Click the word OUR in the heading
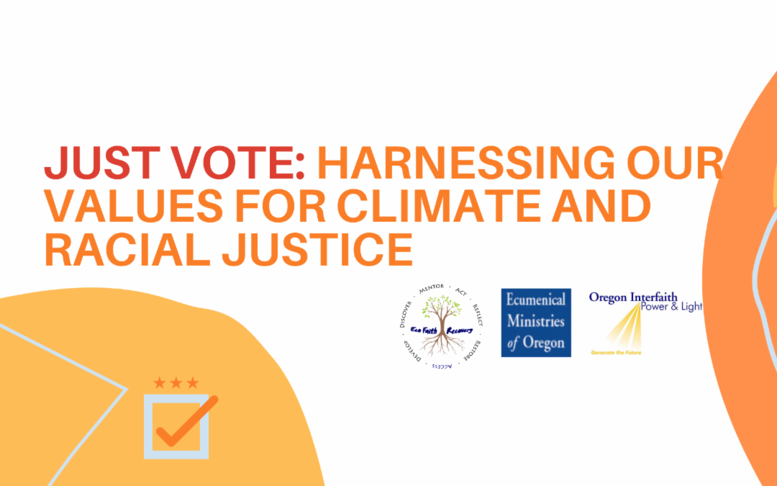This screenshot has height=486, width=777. click(681, 163)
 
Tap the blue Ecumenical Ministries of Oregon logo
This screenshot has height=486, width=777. click(536, 323)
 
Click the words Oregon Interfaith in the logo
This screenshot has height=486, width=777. click(633, 297)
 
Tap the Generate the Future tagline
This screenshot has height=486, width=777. click(616, 353)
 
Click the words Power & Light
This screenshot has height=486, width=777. click(674, 307)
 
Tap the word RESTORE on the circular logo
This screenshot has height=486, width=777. click(474, 347)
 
